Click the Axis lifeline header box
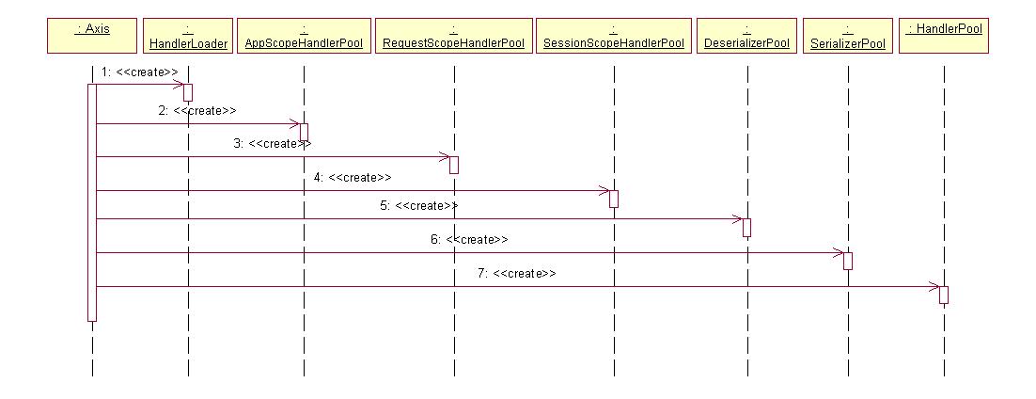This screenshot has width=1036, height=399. point(92,37)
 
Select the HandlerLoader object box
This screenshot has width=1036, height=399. point(188,37)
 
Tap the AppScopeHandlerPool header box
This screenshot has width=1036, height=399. point(304,37)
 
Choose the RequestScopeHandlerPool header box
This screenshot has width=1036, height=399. point(453,37)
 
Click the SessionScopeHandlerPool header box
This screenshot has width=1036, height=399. point(613,37)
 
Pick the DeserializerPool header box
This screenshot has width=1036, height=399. point(747,37)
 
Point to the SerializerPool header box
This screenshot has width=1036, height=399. point(847,37)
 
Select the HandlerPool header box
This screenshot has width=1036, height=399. point(943,37)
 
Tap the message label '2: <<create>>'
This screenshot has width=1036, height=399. point(197,110)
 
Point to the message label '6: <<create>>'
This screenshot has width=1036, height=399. point(469,239)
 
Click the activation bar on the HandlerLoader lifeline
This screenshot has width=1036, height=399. point(188,92)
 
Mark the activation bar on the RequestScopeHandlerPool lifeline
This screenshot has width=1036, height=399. point(453,165)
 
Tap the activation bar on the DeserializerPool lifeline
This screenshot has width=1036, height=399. point(747,227)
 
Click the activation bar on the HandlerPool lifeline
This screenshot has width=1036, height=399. point(943,295)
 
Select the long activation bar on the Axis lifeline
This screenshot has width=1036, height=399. point(92,202)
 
